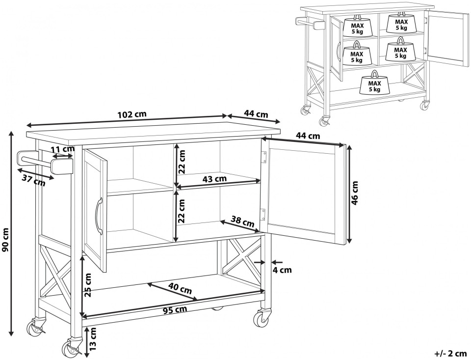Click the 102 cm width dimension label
click(132, 114)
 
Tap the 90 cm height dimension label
click(6, 239)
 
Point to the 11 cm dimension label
click(62, 148)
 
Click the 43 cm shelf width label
click(214, 179)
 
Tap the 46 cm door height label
click(355, 193)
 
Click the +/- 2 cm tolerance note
click(450, 353)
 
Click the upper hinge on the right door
click(264, 156)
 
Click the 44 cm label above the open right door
click(308, 136)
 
